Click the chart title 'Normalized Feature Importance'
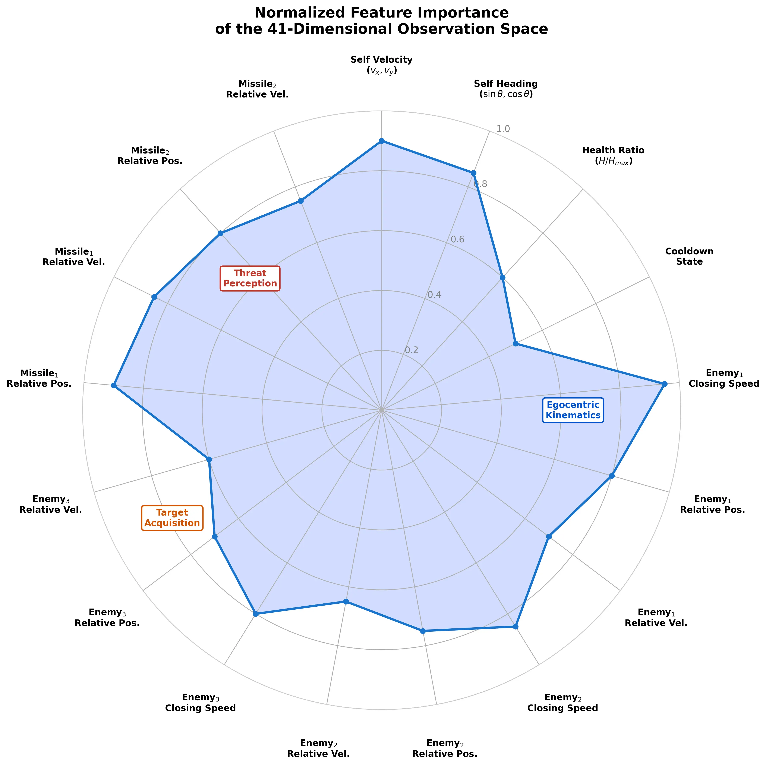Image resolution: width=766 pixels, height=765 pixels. (381, 13)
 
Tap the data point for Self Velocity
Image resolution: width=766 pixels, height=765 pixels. (381, 140)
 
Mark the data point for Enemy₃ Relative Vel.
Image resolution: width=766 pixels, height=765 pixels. (209, 460)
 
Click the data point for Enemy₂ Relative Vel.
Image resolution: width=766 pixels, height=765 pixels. (346, 601)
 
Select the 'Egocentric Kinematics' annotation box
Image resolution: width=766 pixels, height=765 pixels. (573, 410)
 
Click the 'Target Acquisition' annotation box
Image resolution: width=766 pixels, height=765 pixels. (172, 518)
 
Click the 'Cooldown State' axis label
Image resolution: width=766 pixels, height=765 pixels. (689, 256)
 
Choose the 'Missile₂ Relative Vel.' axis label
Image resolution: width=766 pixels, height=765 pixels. (257, 89)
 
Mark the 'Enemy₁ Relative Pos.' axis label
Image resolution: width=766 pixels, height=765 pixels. (712, 504)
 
